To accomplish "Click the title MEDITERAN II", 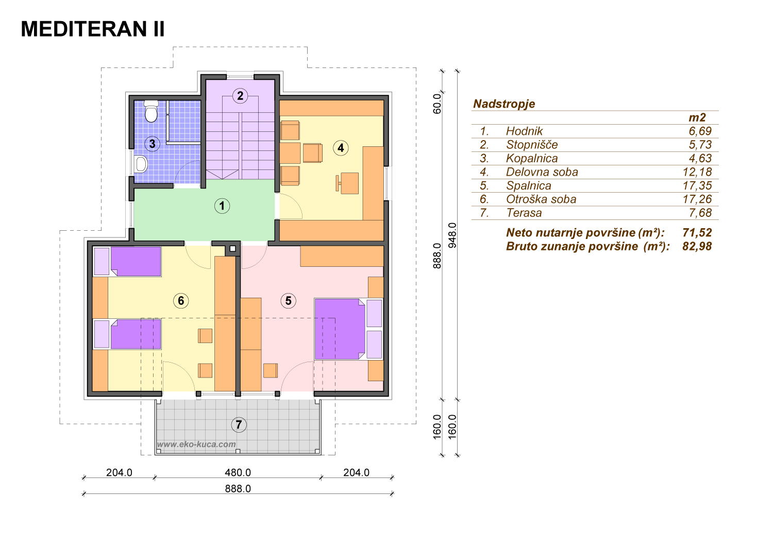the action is click(x=92, y=29).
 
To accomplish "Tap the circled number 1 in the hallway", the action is click(x=222, y=206).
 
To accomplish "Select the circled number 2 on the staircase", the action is click(x=240, y=95).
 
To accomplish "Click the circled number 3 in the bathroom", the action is click(x=152, y=144).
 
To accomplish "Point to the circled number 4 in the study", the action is click(x=341, y=148).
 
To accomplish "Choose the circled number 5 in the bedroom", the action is click(x=289, y=301).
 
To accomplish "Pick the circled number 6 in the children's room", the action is click(x=181, y=301).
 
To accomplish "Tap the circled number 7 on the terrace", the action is click(x=239, y=424).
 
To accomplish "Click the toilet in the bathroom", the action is click(x=151, y=111).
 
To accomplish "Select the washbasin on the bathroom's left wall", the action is click(x=141, y=164).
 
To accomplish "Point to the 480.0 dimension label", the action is click(x=238, y=472).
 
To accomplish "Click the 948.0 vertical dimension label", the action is click(x=452, y=235).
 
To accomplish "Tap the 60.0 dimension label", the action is click(x=437, y=104).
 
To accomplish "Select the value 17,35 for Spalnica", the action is click(x=697, y=185).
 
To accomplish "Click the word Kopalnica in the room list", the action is click(x=532, y=158).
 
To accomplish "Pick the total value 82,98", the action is click(x=697, y=246).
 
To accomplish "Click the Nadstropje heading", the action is click(x=504, y=104).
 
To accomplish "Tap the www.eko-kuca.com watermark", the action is click(x=196, y=444).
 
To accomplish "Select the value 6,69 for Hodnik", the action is click(x=700, y=131).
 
